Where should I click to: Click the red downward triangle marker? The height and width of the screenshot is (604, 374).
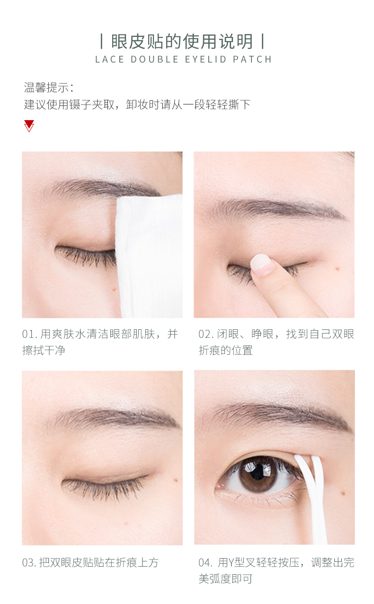(x=29, y=126)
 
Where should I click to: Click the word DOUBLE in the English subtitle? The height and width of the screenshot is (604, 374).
(x=155, y=59)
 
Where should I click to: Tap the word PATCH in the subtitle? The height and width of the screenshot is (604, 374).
(x=252, y=59)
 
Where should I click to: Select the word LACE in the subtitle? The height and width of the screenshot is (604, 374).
(x=109, y=59)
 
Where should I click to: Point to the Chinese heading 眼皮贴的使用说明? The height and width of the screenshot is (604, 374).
(x=182, y=41)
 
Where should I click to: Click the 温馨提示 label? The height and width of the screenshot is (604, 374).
(x=46, y=88)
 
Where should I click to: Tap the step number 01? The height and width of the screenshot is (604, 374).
(x=28, y=334)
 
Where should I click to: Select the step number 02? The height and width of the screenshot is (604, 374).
(x=205, y=334)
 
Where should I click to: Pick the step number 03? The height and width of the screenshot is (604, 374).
(x=28, y=563)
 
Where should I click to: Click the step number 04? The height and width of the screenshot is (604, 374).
(x=205, y=563)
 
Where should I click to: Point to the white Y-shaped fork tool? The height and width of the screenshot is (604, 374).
(x=313, y=499)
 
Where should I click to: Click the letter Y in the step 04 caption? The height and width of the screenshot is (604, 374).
(x=231, y=563)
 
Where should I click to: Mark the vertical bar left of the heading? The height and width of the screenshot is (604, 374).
(x=101, y=41)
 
